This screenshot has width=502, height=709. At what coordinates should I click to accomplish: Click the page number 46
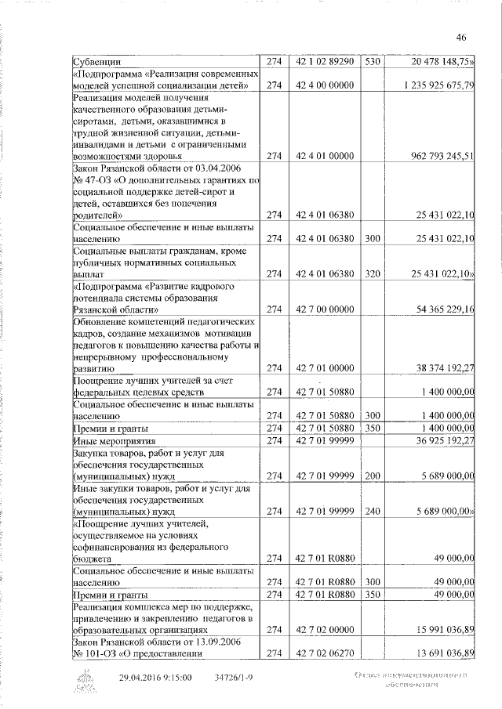click(461, 37)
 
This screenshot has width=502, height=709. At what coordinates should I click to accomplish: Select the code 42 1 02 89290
click(324, 60)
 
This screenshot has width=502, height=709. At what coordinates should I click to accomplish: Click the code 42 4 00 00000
click(324, 85)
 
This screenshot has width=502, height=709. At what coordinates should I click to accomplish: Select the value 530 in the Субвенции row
click(372, 60)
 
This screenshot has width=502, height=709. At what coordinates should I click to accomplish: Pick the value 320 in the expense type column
click(372, 273)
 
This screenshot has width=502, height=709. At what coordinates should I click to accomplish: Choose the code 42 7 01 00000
click(324, 367)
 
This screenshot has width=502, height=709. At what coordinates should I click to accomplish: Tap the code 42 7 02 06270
click(324, 653)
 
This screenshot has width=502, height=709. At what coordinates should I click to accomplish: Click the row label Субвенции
click(97, 60)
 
